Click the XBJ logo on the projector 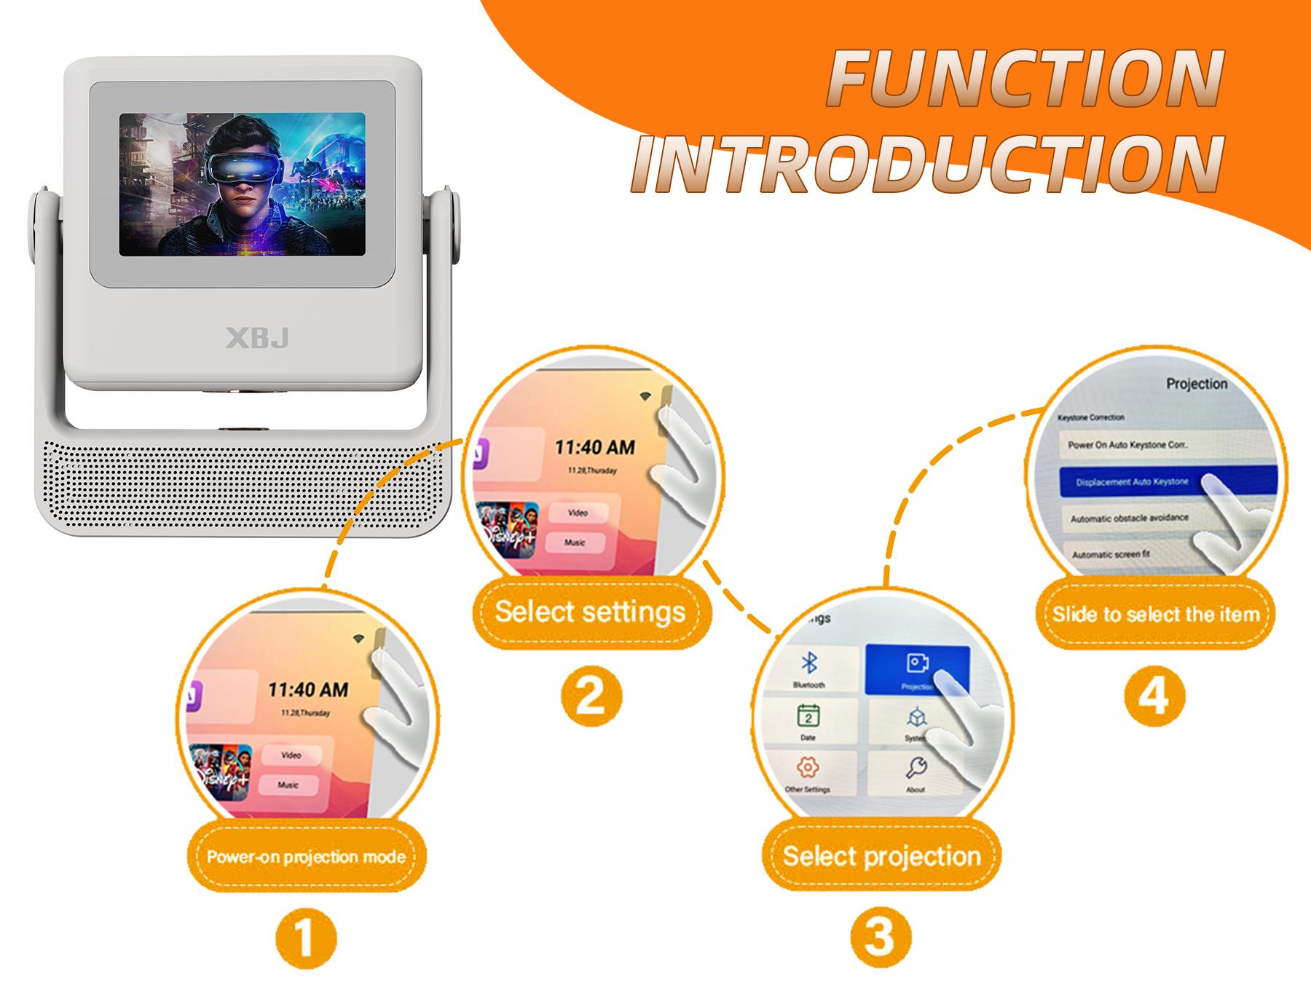[x=257, y=339]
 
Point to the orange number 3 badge [x=880, y=936]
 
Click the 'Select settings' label [x=590, y=612]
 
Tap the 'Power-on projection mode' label [x=306, y=856]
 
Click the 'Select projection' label [x=881, y=856]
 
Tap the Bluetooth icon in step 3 [x=808, y=663]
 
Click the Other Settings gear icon [x=808, y=767]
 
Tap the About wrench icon [x=916, y=768]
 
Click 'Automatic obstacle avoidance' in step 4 [x=1129, y=518]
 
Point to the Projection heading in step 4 [x=1196, y=384]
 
